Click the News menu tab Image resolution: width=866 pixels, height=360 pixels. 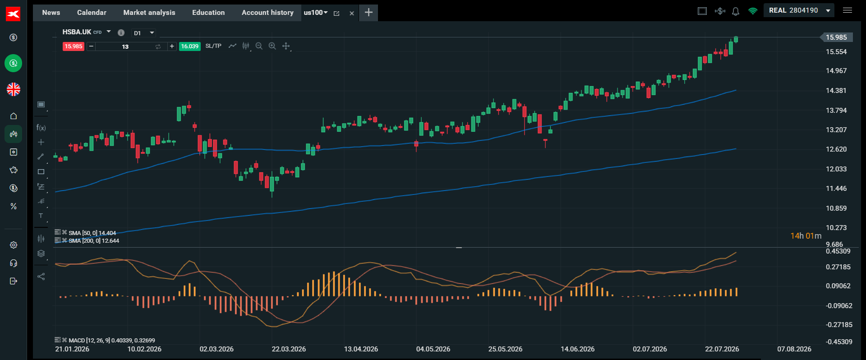tap(51, 13)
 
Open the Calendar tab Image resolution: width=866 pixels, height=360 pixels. tap(92, 13)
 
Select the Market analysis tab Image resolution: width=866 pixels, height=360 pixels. tap(149, 13)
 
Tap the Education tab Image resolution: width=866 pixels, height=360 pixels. tap(208, 13)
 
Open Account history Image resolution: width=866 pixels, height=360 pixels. tap(267, 13)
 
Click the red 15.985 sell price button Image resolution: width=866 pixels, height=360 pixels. tap(74, 46)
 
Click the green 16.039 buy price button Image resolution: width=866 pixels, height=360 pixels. tap(190, 46)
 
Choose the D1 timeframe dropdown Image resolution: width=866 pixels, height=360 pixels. tap(144, 33)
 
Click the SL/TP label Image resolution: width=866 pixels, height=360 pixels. tap(213, 46)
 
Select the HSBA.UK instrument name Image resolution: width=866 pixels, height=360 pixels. tap(77, 32)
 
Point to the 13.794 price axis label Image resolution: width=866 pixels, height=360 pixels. tap(836, 111)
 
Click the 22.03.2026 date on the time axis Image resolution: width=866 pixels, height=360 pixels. tap(289, 349)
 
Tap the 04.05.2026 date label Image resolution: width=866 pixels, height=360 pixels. tap(433, 349)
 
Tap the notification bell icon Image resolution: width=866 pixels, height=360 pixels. tap(736, 11)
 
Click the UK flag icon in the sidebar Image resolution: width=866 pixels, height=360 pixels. tap(14, 89)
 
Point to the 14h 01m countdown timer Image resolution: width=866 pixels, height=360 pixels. tap(806, 236)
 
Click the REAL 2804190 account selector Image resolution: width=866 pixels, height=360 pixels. tap(799, 10)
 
